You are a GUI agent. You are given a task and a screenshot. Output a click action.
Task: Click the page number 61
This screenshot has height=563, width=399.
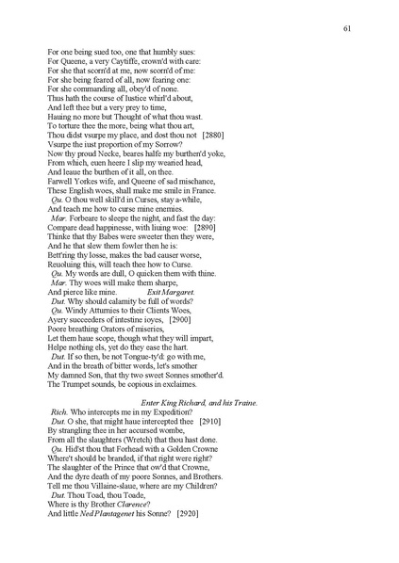tap(347, 30)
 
